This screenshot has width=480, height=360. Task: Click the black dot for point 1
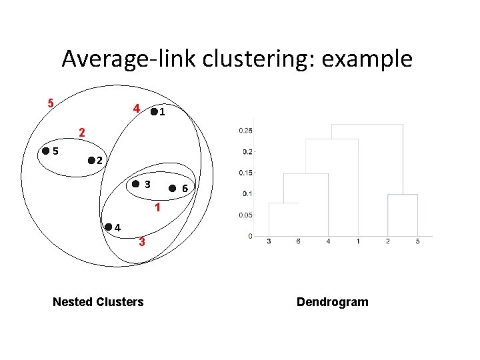pyautogui.click(x=155, y=113)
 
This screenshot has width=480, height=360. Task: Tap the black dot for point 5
pyautogui.click(x=45, y=151)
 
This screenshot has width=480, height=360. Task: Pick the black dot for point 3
pyautogui.click(x=135, y=183)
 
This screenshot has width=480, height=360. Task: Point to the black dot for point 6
pyautogui.click(x=173, y=189)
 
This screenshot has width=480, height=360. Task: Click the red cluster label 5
pyautogui.click(x=50, y=103)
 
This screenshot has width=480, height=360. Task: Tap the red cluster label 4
pyautogui.click(x=136, y=108)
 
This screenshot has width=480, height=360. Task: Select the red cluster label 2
pyautogui.click(x=81, y=132)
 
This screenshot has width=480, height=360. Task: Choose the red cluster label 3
pyautogui.click(x=141, y=242)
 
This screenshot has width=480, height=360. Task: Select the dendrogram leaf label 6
pyautogui.click(x=298, y=241)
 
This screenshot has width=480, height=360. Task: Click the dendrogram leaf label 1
pyautogui.click(x=358, y=241)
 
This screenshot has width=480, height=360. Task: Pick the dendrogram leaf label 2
pyautogui.click(x=387, y=241)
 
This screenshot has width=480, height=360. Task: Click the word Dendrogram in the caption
pyautogui.click(x=332, y=302)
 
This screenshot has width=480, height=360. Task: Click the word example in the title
pyautogui.click(x=367, y=59)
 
